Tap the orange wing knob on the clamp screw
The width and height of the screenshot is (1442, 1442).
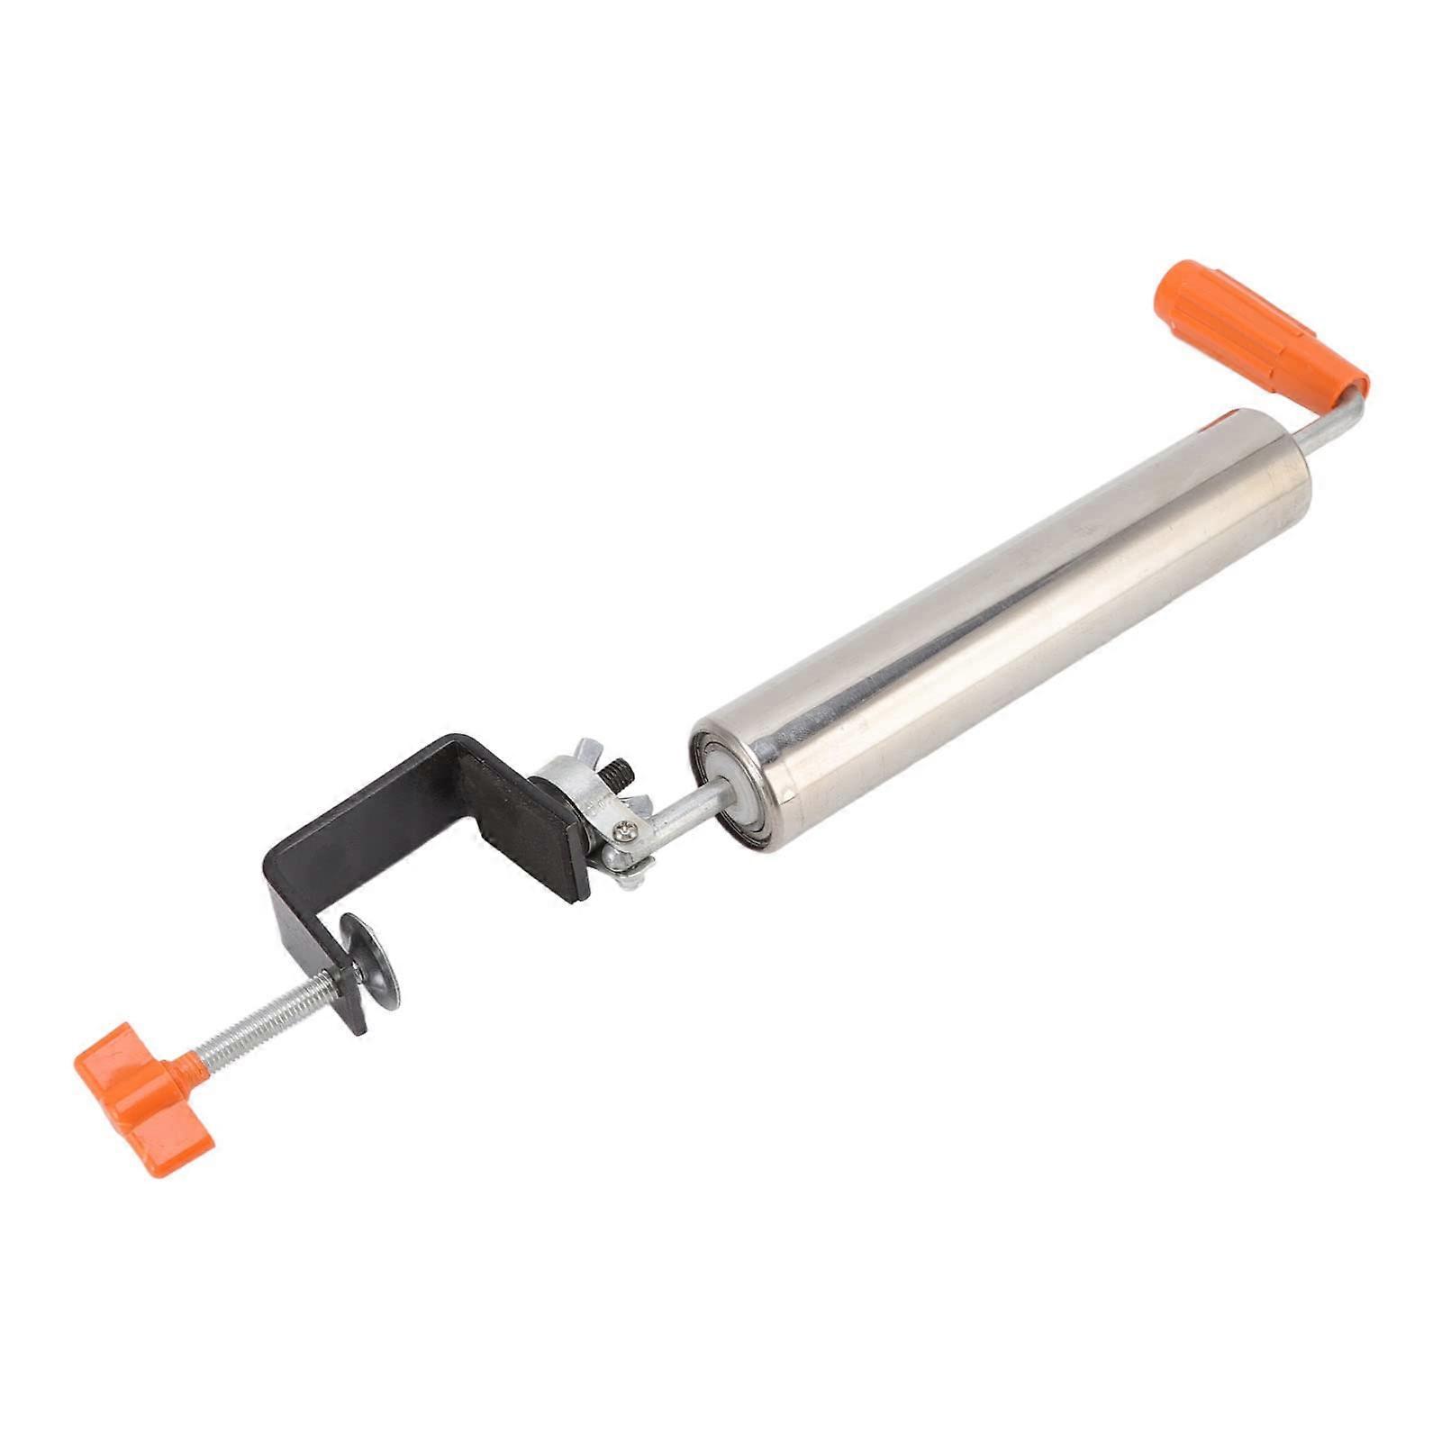pyautogui.click(x=145, y=1084)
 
